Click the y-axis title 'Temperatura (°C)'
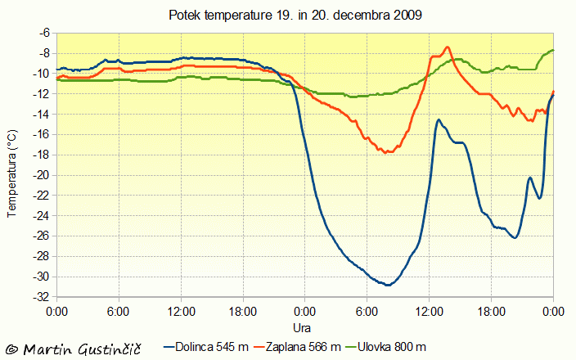pos(11,173)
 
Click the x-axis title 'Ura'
pos(301,326)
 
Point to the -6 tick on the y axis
pos(43,33)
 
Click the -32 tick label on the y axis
pos(39,297)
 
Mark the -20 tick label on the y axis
pos(39,175)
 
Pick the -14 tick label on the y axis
pos(39,114)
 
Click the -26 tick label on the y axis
pos(39,236)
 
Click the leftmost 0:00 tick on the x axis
pos(56,312)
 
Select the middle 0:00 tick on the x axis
pos(304,312)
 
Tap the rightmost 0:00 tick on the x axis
pos(553,312)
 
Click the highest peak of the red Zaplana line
pos(448,47)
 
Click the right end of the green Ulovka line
pos(553,51)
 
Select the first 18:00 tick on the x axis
pos(243,312)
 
